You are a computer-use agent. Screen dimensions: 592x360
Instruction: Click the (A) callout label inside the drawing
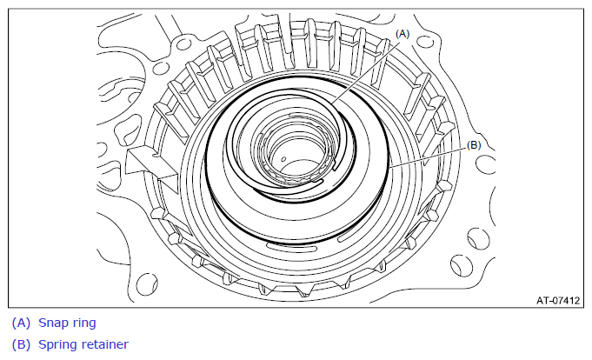click(402, 34)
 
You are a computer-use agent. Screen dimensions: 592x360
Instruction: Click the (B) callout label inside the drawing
click(474, 145)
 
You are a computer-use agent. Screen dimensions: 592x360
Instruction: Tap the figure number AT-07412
click(558, 300)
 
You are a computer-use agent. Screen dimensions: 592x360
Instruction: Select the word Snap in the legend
click(54, 323)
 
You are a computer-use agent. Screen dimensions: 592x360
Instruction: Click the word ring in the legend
click(85, 323)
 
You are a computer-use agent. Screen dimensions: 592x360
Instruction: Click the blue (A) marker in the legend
click(21, 323)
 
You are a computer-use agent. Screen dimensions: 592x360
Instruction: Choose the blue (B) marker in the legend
click(21, 344)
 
